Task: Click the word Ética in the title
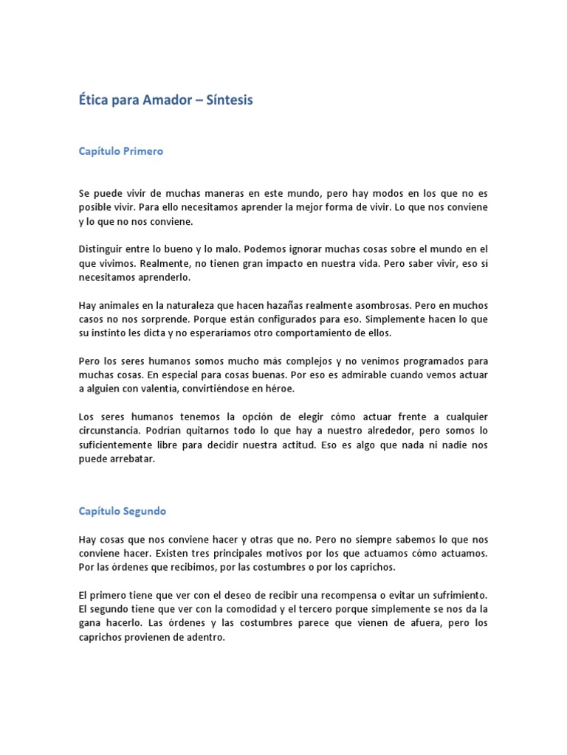point(92,100)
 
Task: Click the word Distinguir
point(102,248)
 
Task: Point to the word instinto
point(116,333)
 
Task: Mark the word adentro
point(205,636)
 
